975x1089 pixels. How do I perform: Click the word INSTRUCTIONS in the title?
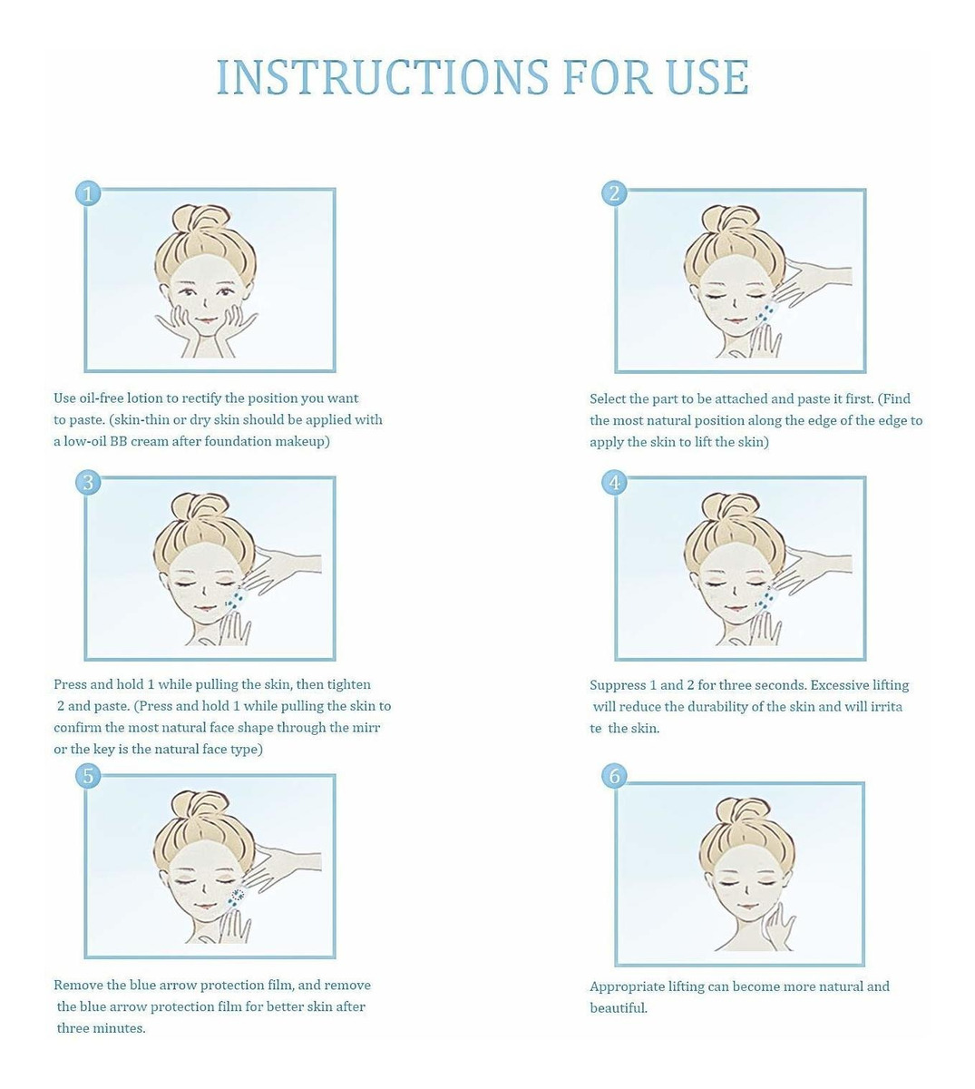point(383,77)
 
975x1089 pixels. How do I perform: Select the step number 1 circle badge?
point(88,193)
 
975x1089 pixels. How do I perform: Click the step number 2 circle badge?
point(615,193)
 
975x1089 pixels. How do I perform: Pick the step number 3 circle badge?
point(88,482)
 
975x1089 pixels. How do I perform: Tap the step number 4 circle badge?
point(615,482)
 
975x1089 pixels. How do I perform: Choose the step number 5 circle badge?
point(88,776)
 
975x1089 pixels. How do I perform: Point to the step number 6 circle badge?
point(615,776)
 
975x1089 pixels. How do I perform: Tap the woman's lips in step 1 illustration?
point(205,320)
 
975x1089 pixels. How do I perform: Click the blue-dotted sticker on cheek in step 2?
point(767,313)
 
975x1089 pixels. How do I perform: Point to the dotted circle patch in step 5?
point(238,895)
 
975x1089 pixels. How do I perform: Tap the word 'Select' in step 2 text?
point(607,398)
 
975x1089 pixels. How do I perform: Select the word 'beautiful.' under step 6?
point(619,1008)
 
